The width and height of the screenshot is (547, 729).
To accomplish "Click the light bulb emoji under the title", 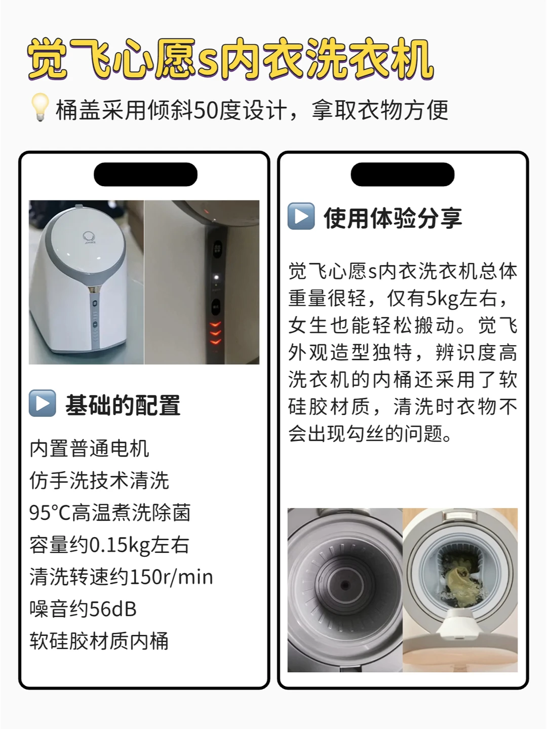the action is pos(40,107).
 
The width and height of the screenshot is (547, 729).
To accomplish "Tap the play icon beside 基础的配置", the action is pos(42,403).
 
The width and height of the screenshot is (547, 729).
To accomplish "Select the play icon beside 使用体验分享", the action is pos(301,216).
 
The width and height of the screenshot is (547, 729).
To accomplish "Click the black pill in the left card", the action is pos(145,174).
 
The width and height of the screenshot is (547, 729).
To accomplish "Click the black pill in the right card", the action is pos(403,174).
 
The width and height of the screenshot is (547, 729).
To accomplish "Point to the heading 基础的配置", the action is pos(123,405).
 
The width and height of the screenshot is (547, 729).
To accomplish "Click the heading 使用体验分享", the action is pos(393,218).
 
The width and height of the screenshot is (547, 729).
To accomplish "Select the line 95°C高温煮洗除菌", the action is pos(110,512).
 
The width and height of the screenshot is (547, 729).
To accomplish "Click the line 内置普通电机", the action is pos(89,449).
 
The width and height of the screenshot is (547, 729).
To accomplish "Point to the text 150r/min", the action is pos(171,577).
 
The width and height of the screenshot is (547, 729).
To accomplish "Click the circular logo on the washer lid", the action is pos(89,237).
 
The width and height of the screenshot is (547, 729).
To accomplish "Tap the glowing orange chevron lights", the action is pos(215,333).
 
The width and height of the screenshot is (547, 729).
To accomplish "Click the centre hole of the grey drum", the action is pos(345,585).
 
